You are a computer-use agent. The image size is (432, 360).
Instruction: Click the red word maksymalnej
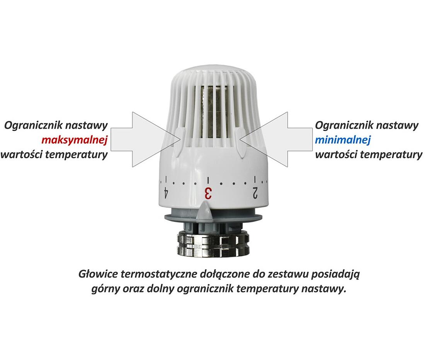point(74,140)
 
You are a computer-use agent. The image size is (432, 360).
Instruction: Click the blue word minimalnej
point(343,140)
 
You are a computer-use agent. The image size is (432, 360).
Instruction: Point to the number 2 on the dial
point(255,192)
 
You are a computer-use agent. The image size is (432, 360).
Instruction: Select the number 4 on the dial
point(166,192)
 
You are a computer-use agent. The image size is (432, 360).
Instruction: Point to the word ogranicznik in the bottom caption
point(205,289)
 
